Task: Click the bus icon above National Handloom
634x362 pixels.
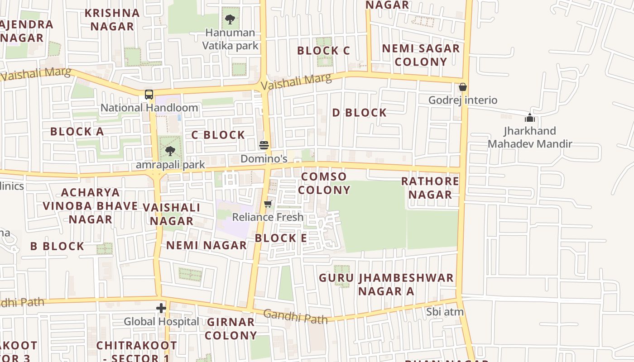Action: coord(149,95)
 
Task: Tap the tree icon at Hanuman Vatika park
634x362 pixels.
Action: coord(230,19)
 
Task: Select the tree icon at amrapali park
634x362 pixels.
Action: coord(170,151)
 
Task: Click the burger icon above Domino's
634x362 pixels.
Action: coord(264,145)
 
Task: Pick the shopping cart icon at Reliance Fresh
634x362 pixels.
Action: coord(268,204)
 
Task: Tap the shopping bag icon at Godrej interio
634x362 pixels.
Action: coord(463,87)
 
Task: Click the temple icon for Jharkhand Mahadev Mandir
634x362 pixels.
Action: coord(530,118)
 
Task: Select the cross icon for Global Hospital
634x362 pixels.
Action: coord(161,308)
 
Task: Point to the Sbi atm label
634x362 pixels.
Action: coord(445,312)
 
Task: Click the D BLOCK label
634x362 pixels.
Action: coord(360,113)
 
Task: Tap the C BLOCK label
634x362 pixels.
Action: coord(218,135)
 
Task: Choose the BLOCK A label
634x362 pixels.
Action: coord(77,132)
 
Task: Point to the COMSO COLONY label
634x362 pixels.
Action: coord(324,183)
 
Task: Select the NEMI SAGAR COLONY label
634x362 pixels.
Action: coord(421,55)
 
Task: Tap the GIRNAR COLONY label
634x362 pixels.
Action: coord(231,329)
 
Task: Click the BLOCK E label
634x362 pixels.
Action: coord(281,238)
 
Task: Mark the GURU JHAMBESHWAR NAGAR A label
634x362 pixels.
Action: coord(386,284)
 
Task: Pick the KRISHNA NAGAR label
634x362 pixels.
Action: coord(112,19)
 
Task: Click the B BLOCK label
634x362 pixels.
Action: coord(57,246)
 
